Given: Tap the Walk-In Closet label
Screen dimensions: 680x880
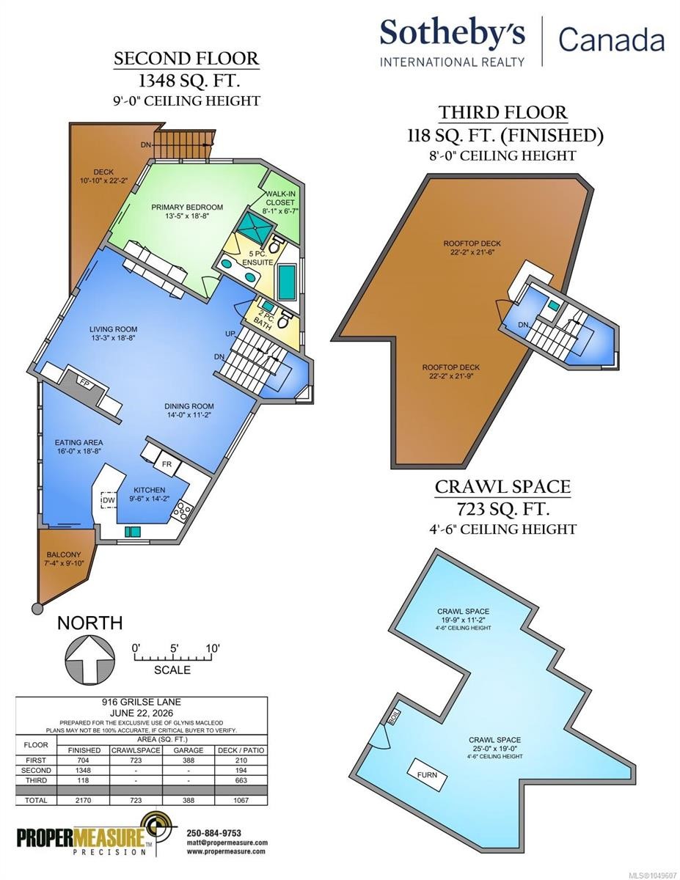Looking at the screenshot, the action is (x=280, y=197).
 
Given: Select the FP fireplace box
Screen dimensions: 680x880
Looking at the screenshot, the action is (x=84, y=383).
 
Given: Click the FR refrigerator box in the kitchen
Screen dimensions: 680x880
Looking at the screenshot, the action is (x=167, y=464).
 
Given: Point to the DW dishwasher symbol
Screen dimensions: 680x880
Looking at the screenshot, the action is (x=108, y=500).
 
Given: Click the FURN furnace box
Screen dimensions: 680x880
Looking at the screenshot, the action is (x=427, y=774).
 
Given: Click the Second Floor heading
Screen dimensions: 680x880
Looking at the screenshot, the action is (x=186, y=59).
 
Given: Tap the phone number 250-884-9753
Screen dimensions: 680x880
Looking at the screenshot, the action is (x=214, y=832).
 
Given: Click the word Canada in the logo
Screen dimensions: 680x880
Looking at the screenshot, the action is (x=612, y=40).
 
